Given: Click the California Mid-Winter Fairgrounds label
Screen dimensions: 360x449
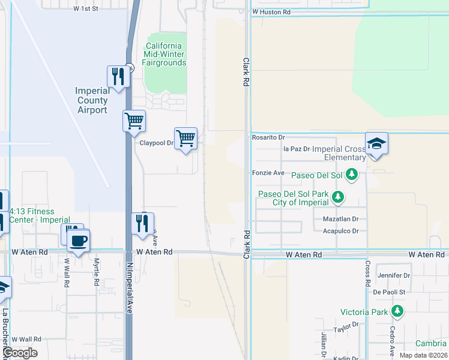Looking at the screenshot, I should pyautogui.click(x=164, y=55).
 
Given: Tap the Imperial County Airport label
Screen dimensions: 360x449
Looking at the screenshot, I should pyautogui.click(x=92, y=101).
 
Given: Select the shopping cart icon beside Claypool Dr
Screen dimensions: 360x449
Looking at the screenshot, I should pyautogui.click(x=186, y=139).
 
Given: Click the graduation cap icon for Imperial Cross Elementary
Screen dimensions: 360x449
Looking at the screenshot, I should pyautogui.click(x=376, y=144).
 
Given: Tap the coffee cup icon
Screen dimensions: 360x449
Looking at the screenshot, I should pyautogui.click(x=77, y=241).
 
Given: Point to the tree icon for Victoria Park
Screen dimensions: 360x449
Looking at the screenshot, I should pyautogui.click(x=397, y=311).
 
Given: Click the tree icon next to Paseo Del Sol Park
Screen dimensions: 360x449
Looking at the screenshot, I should pyautogui.click(x=338, y=196).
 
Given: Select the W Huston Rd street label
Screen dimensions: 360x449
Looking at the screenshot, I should pyautogui.click(x=271, y=12).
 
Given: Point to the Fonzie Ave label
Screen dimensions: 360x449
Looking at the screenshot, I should pyautogui.click(x=268, y=173).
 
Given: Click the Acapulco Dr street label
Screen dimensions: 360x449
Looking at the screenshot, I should pyautogui.click(x=340, y=231).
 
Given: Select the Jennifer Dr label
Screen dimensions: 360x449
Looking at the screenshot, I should pyautogui.click(x=393, y=276).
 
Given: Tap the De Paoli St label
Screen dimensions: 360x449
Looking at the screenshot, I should pyautogui.click(x=390, y=292).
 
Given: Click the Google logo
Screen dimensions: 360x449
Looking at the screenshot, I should pyautogui.click(x=20, y=353).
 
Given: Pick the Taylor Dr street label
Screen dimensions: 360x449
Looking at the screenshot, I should pyautogui.click(x=346, y=328).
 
